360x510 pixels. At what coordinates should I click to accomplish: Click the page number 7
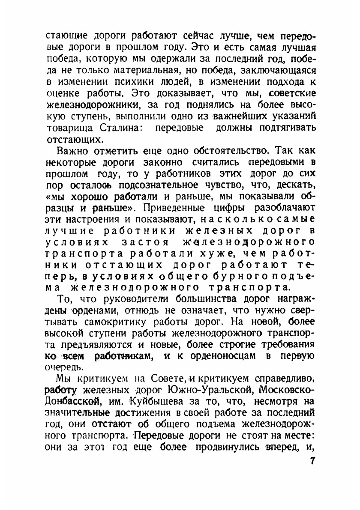click(x=312, y=461)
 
